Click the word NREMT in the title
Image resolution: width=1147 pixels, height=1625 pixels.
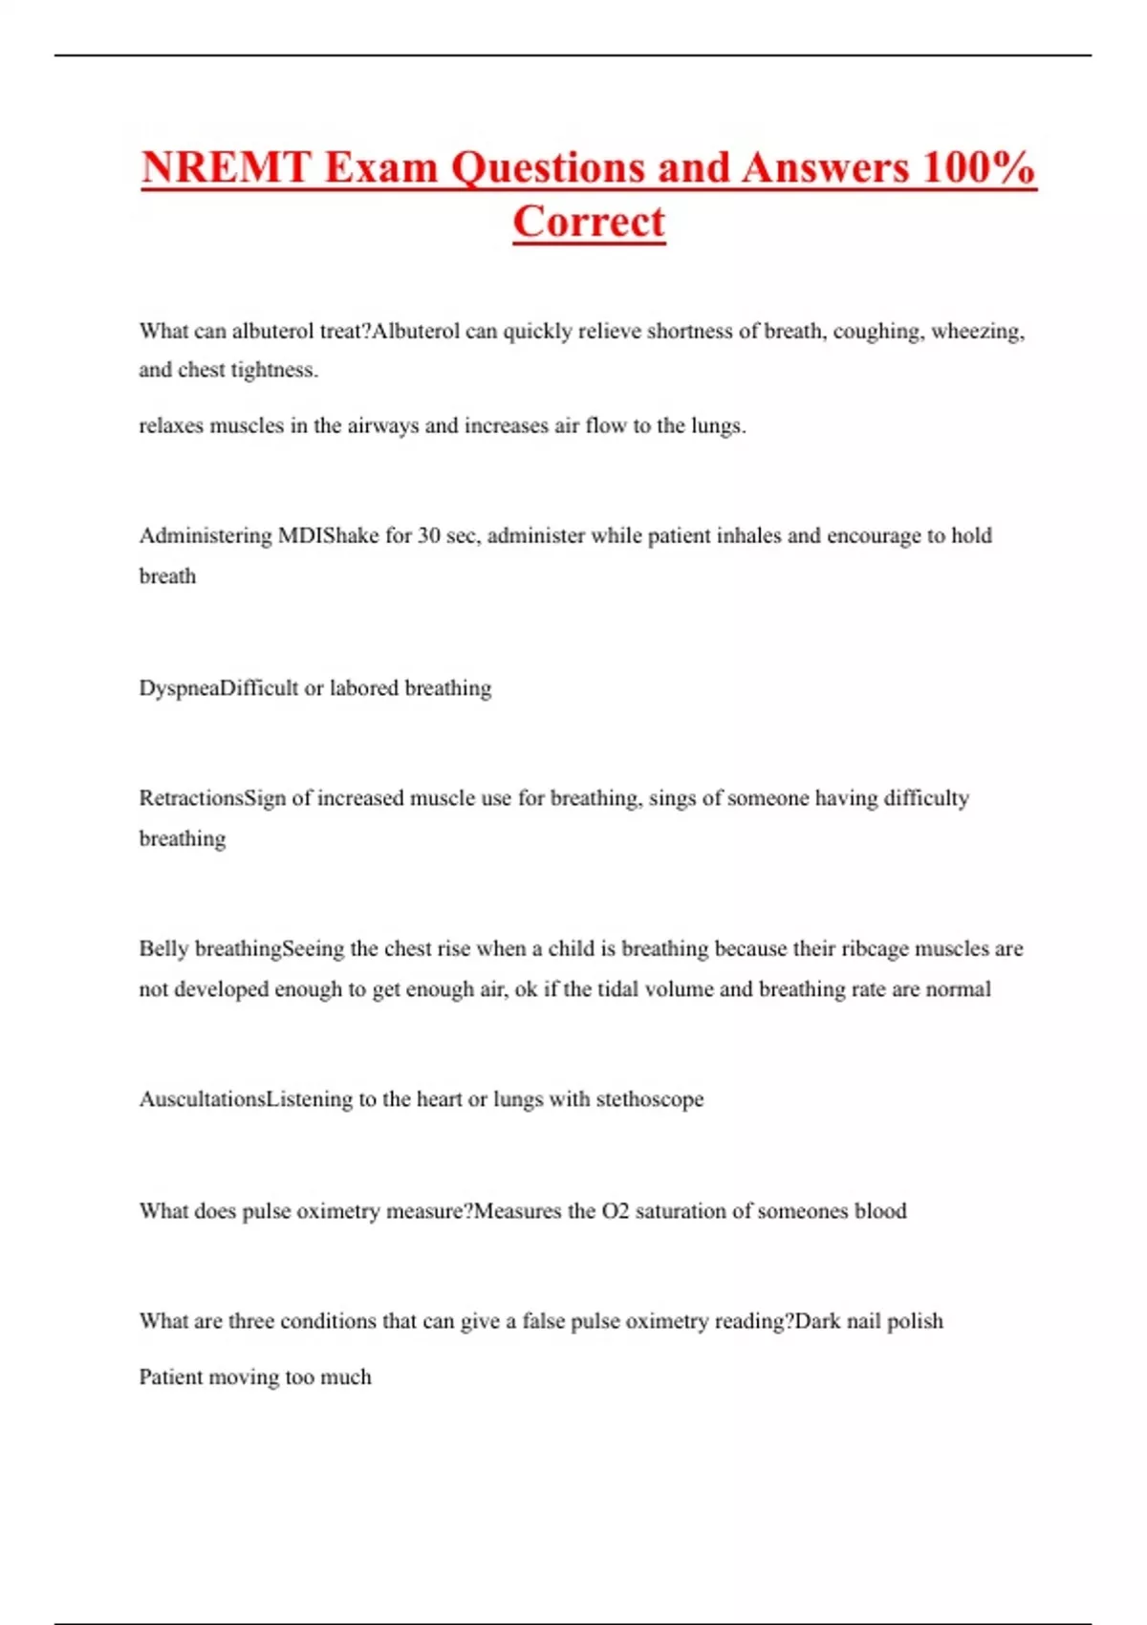tap(227, 167)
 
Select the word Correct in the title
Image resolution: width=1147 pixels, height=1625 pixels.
tap(589, 222)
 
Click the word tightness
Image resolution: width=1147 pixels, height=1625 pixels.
tap(273, 370)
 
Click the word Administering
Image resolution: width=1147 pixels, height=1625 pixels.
tap(206, 536)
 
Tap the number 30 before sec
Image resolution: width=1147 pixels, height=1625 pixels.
tap(429, 535)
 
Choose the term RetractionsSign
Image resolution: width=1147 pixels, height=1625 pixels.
tap(212, 798)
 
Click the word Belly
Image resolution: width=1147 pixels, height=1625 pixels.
tap(163, 949)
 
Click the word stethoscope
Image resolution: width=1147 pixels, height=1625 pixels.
tap(650, 1099)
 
